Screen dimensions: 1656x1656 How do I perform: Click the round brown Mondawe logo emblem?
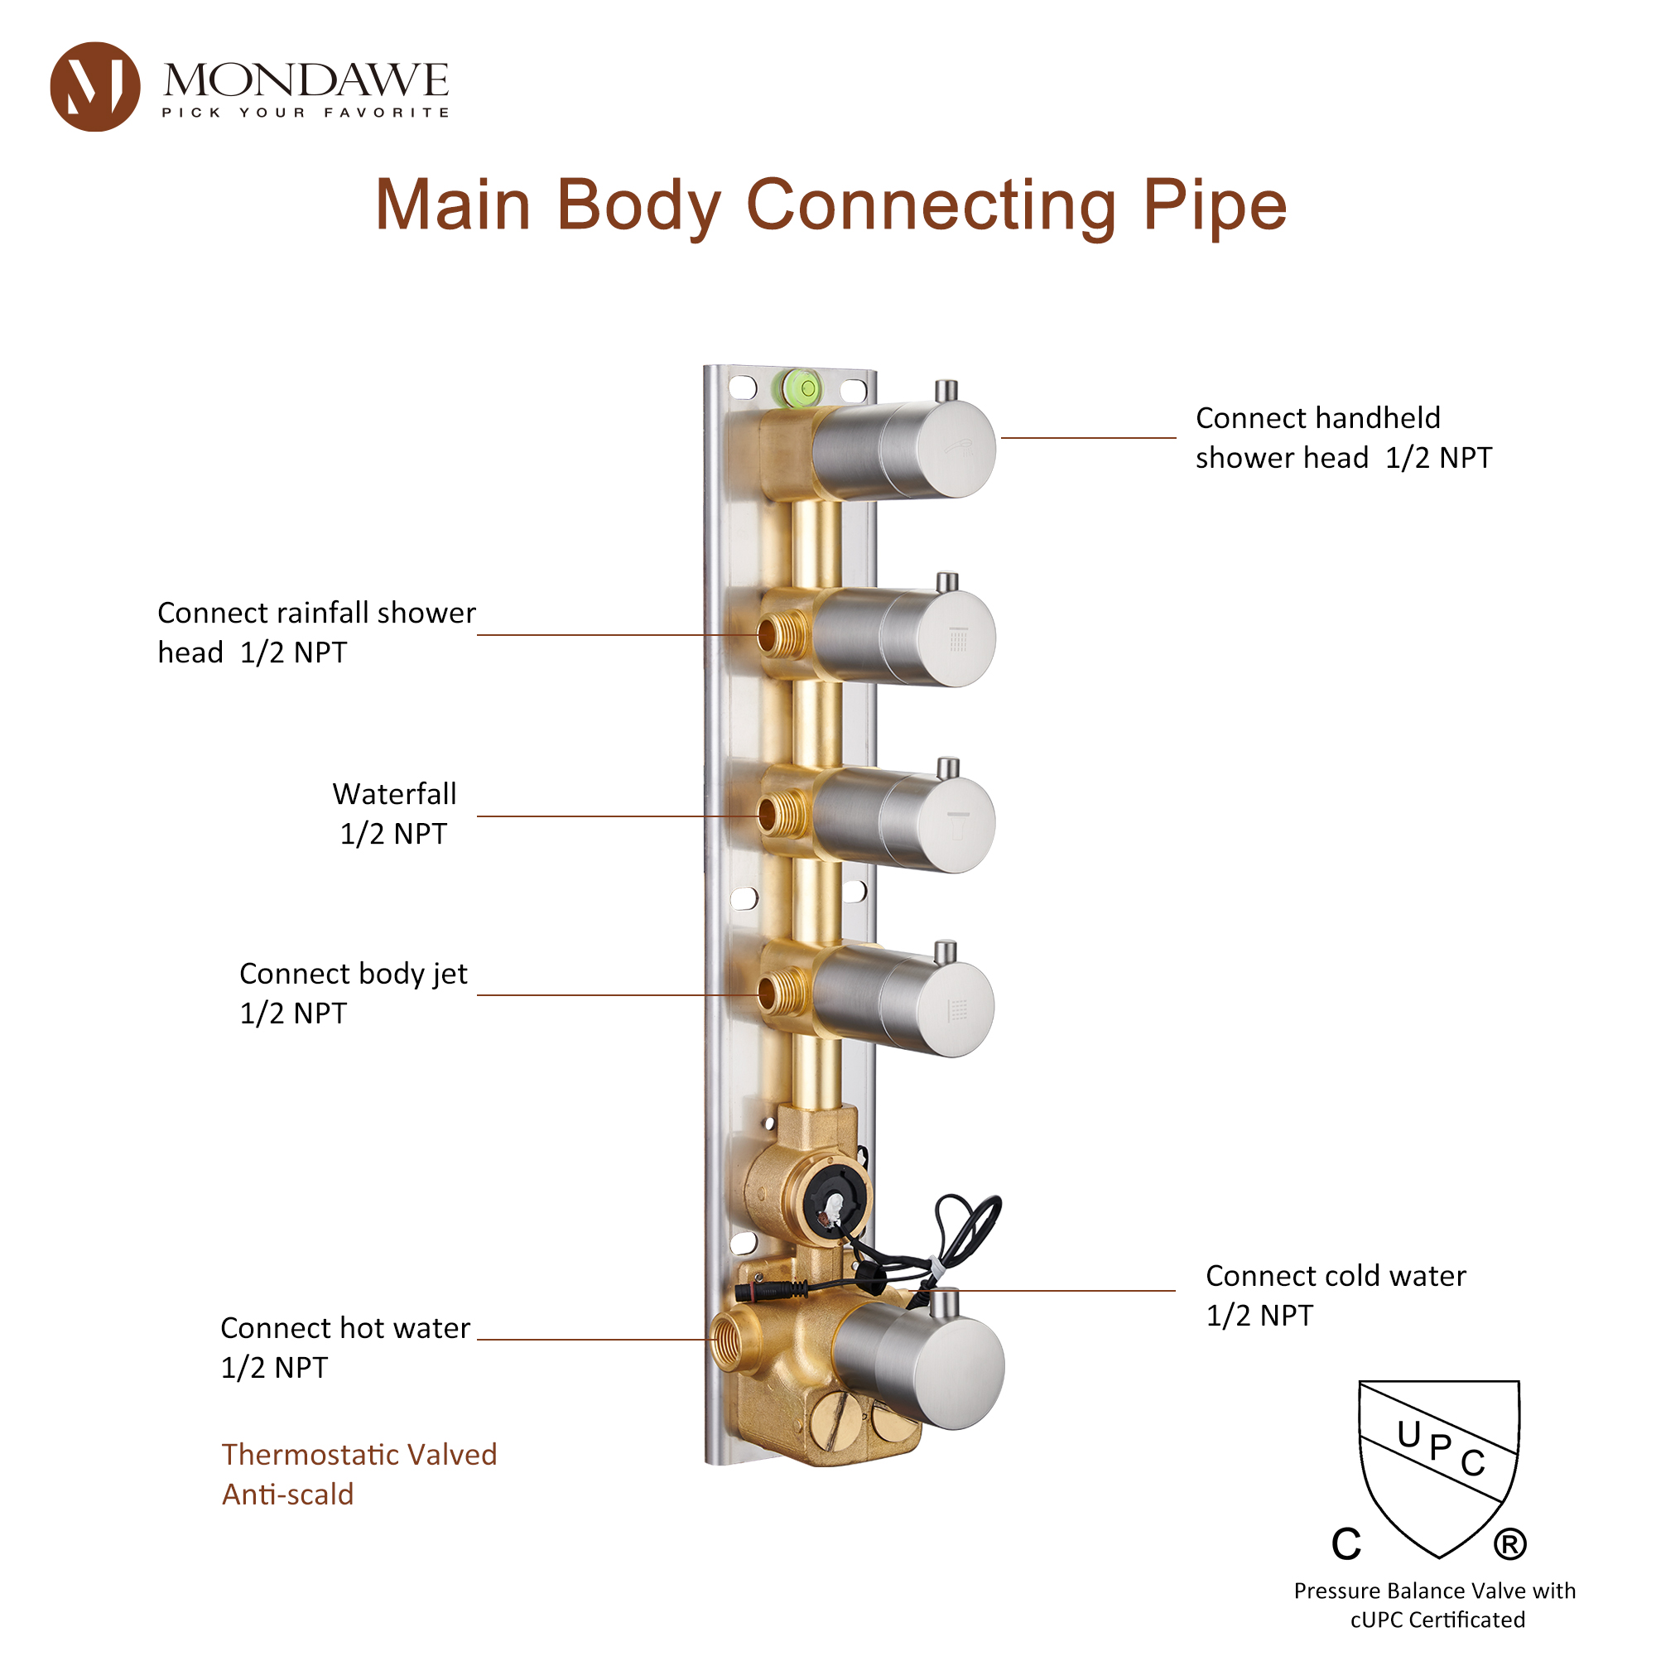tap(94, 87)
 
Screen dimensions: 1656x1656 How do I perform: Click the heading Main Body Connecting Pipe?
tap(830, 205)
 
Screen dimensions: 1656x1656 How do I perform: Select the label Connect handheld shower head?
tap(1342, 438)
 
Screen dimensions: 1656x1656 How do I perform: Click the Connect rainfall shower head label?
tap(316, 633)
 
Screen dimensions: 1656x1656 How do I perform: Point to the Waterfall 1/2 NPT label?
tap(393, 813)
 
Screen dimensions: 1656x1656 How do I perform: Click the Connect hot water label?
tap(344, 1346)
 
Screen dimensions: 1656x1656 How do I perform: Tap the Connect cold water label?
tap(1335, 1294)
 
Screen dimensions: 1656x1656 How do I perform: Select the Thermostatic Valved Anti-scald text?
tap(359, 1474)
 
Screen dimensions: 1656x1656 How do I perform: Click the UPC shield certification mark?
tap(1437, 1466)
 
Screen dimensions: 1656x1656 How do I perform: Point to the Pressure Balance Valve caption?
tap(1434, 1605)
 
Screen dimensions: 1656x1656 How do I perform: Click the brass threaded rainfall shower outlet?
tap(781, 635)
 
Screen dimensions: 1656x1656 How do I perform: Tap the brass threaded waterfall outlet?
tap(781, 814)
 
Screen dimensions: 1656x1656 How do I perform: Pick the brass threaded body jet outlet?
tap(781, 993)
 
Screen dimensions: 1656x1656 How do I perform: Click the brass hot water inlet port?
tap(729, 1340)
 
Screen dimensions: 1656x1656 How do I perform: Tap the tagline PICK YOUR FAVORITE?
tap(306, 113)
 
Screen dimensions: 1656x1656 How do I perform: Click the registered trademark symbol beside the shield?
tap(1509, 1544)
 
